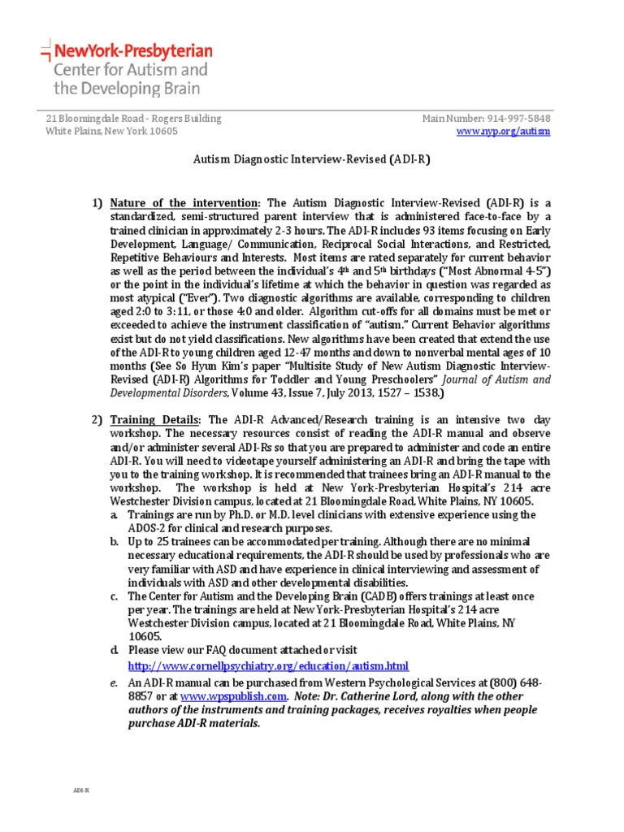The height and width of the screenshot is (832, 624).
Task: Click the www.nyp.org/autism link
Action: click(x=504, y=132)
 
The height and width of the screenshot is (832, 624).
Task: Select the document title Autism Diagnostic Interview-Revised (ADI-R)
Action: click(x=310, y=160)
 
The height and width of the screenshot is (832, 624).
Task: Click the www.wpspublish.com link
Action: click(x=233, y=696)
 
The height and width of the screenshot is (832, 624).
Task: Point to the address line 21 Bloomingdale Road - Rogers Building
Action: click(x=133, y=119)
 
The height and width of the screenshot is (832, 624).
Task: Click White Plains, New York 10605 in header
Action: click(x=111, y=132)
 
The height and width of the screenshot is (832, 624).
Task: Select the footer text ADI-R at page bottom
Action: click(x=81, y=789)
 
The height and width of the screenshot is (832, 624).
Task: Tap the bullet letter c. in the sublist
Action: click(x=117, y=596)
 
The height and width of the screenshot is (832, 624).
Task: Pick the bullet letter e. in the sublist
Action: click(x=117, y=683)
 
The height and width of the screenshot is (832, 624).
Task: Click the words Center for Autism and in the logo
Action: click(x=130, y=70)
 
